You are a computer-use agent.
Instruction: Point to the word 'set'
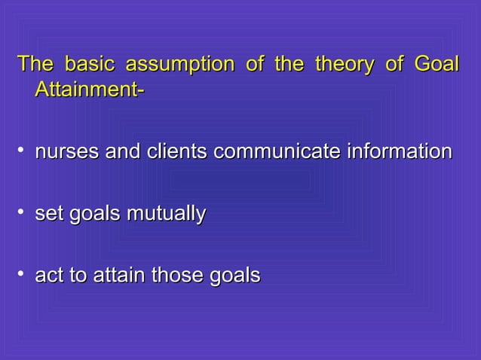point(49,215)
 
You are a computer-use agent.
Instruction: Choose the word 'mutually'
point(167,215)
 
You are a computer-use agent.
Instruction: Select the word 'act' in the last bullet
point(49,276)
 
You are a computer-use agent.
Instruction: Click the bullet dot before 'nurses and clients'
point(22,154)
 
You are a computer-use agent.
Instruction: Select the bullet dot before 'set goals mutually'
point(22,215)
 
